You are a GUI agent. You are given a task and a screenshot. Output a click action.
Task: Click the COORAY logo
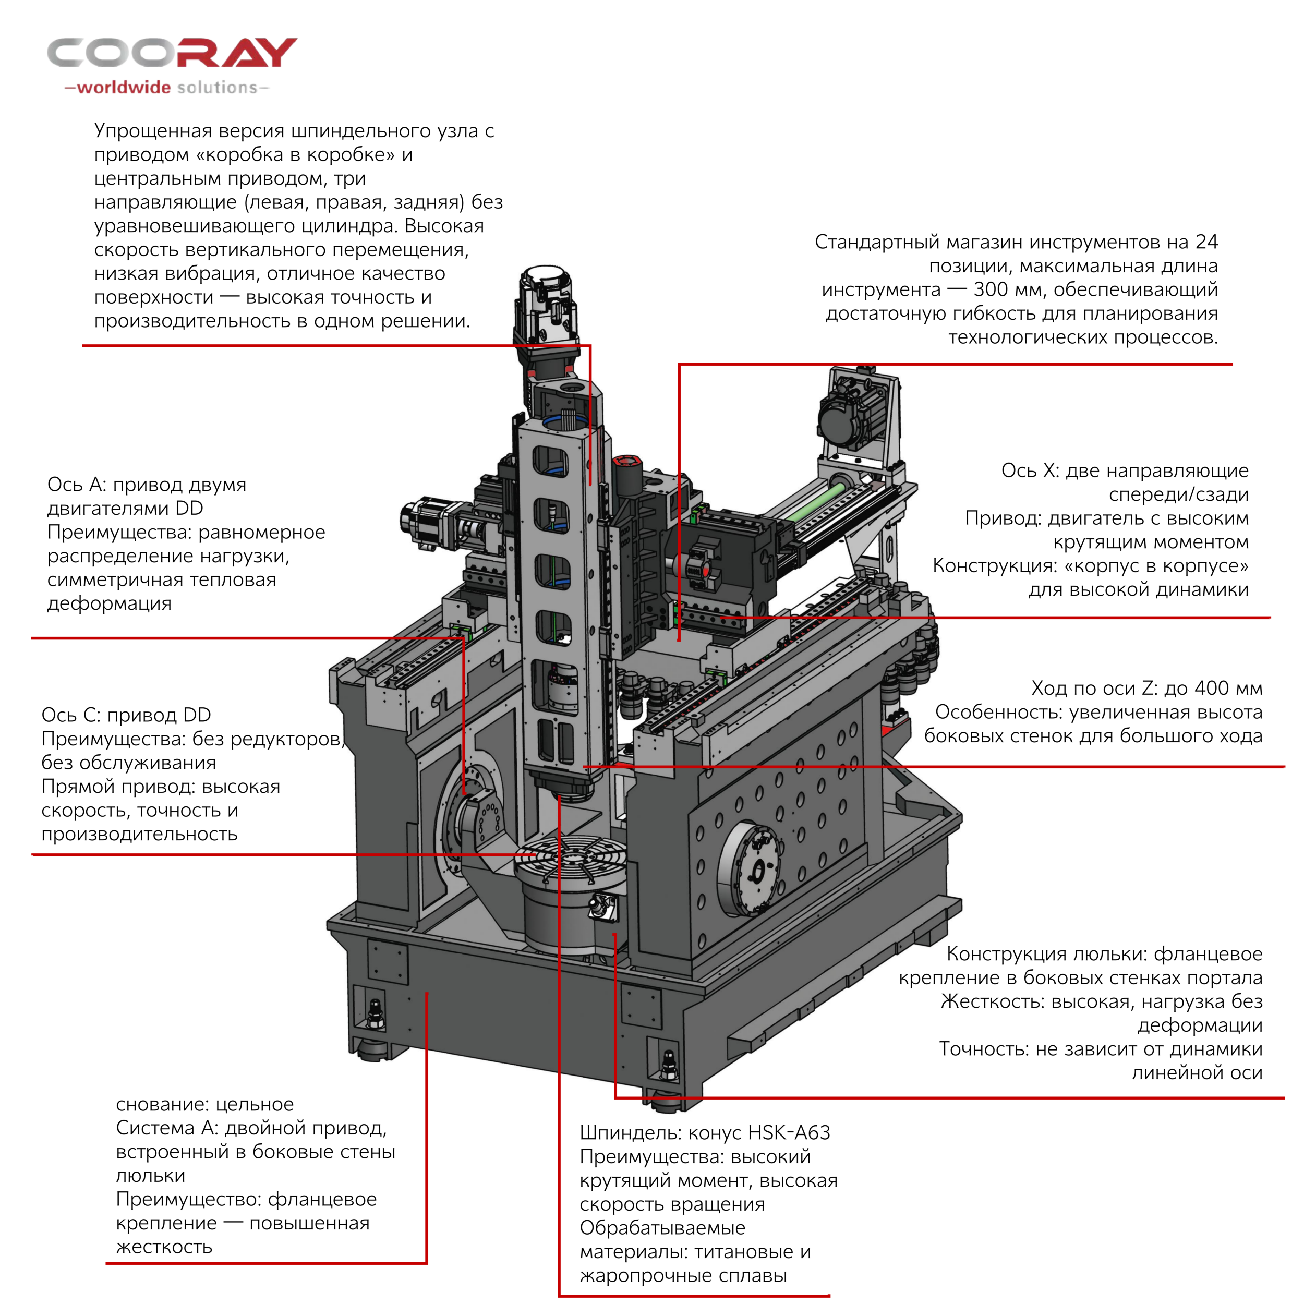coord(172,53)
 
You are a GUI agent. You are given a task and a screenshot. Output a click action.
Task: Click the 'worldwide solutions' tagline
coord(167,87)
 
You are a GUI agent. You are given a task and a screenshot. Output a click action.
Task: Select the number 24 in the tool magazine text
coord(1206,242)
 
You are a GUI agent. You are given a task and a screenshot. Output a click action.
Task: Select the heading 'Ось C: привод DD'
coord(126,715)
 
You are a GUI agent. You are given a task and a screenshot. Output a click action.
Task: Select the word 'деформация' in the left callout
coord(110,603)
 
